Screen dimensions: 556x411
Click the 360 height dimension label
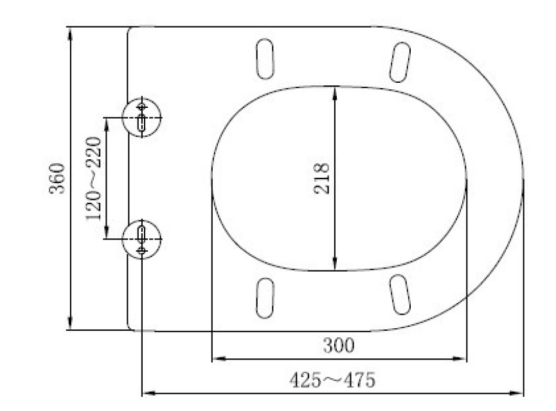57,179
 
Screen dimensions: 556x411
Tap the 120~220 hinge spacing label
94,179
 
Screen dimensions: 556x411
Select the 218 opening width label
321,179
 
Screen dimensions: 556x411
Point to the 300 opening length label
338,345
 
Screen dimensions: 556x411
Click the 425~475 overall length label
332,380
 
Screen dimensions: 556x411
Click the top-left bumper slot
265,59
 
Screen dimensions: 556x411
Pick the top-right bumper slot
400,62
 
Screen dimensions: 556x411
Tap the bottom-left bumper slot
265,297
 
